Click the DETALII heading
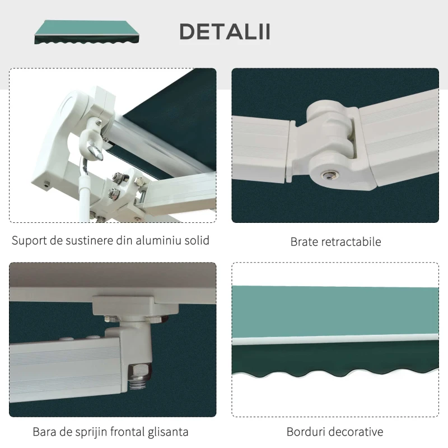point(225,32)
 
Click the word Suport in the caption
point(29,241)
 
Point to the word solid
point(197,241)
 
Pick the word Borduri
point(306,432)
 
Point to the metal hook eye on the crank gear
point(95,152)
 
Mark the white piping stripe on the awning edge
point(336,339)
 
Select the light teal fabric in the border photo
point(336,311)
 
